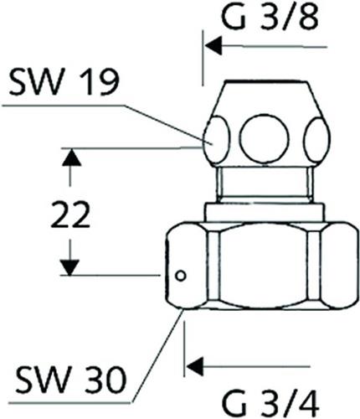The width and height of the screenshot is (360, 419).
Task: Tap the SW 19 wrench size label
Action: [x=64, y=82]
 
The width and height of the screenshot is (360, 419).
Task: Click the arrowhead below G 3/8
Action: [x=213, y=45]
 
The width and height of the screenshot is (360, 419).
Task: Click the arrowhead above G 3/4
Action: [x=195, y=366]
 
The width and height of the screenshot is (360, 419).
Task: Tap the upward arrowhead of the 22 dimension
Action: [x=71, y=158]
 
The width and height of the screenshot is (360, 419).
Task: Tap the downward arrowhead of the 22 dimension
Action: [x=70, y=267]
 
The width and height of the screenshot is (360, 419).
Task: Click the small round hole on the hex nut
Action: [x=180, y=276]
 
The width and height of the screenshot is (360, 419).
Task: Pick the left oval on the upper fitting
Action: [x=217, y=141]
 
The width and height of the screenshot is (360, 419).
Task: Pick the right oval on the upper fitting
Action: [x=316, y=141]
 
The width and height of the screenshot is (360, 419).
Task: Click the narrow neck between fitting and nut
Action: [x=265, y=184]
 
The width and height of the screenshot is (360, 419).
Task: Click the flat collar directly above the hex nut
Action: [x=265, y=213]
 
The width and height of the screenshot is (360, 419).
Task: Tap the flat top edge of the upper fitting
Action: [x=264, y=82]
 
